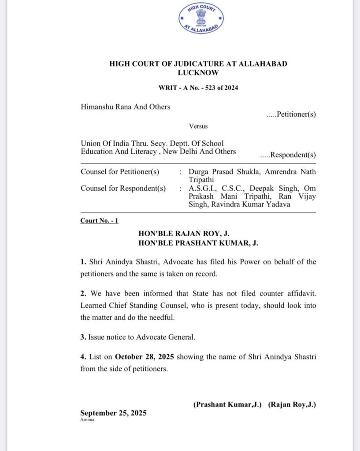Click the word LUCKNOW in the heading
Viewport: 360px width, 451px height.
[198, 73]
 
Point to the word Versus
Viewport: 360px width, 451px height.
[198, 126]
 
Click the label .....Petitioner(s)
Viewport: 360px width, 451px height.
[291, 115]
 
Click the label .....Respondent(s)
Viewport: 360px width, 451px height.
[288, 155]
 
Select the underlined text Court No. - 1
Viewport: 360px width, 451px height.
[99, 221]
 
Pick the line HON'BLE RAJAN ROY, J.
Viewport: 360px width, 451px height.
[184, 233]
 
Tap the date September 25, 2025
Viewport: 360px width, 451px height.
[113, 413]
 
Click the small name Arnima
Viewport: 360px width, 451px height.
[87, 420]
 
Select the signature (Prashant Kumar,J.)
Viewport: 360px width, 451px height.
[228, 404]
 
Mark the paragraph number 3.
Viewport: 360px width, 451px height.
[83, 337]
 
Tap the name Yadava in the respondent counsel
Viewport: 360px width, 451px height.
[279, 204]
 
